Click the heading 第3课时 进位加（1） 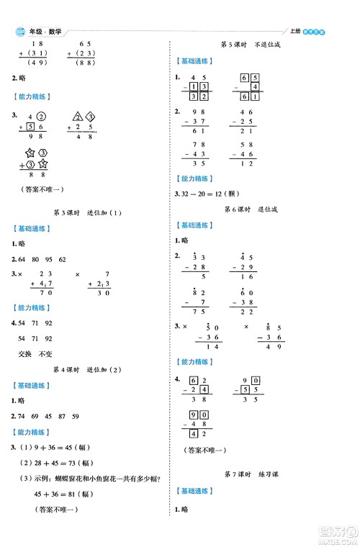89,212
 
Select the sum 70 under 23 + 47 47,292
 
